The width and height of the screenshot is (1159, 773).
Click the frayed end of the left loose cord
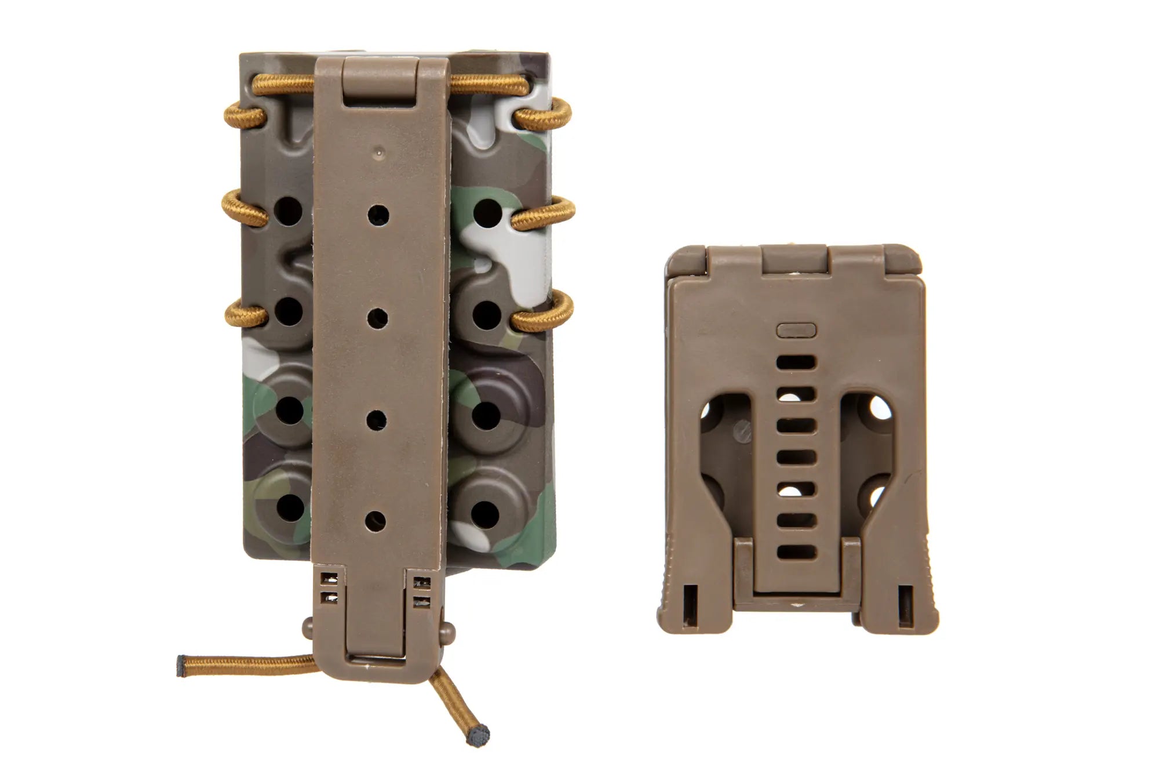(181, 666)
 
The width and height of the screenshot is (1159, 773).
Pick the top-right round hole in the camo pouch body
(487, 212)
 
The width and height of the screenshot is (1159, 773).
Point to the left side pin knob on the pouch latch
(308, 626)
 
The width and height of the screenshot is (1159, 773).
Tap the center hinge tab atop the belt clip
(795, 259)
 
